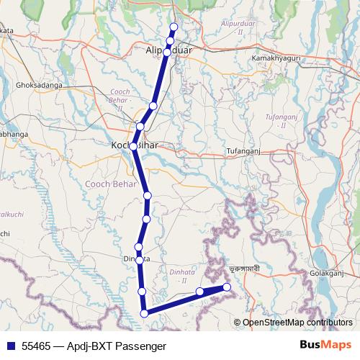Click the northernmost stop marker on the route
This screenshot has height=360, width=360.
tap(173, 28)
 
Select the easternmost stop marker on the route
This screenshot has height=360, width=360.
tap(227, 287)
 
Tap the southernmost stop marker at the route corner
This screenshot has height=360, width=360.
tap(145, 312)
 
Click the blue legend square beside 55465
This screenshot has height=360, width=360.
tap(9, 346)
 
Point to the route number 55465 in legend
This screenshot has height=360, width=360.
tap(35, 346)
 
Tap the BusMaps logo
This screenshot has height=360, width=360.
tap(325, 346)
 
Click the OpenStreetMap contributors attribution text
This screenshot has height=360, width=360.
tap(296, 323)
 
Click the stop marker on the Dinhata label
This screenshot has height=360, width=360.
tap(140, 258)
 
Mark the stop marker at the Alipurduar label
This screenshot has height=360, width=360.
tap(168, 52)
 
